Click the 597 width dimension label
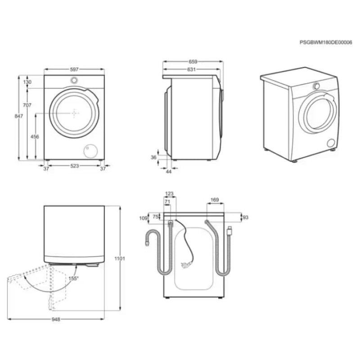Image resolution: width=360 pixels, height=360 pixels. tap(74, 69)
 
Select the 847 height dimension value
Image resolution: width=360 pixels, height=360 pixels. tap(18, 116)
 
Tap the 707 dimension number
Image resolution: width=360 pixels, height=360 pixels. tap(27, 105)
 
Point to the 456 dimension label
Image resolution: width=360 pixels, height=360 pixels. tap(35, 136)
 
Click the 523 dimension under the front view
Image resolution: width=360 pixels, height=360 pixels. tap(74, 166)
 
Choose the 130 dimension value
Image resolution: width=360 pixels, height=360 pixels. tap(27, 82)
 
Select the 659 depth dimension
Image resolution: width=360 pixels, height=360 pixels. tap(193, 61)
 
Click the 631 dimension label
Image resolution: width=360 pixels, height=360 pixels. tap(191, 70)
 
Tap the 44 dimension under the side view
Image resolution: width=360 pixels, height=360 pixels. tap(169, 171)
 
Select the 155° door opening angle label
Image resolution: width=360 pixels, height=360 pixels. tap(74, 278)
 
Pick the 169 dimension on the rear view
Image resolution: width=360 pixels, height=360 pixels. tap(215, 200)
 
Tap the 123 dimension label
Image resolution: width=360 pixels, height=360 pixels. tap(169, 194)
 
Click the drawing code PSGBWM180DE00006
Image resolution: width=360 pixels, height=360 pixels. tap(326, 42)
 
